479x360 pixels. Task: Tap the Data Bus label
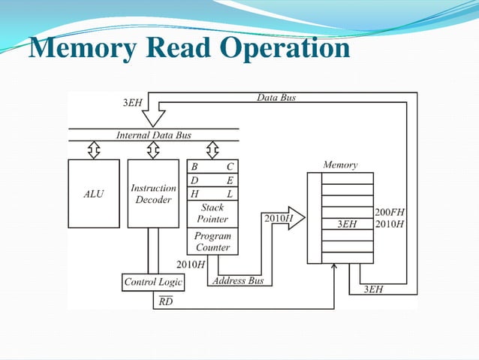(276, 98)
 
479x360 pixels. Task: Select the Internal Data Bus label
(153, 135)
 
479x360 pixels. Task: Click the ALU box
(94, 193)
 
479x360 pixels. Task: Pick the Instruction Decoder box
(153, 193)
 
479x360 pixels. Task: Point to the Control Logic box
(153, 282)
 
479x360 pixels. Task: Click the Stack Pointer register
(212, 213)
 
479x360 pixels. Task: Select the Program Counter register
(212, 241)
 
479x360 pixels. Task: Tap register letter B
(195, 167)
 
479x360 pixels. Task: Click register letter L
(230, 194)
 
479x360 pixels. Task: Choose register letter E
(230, 180)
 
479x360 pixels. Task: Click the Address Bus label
(238, 281)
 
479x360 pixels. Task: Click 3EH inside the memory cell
(346, 224)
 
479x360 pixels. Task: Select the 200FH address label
(390, 213)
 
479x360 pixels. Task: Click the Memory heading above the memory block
(340, 165)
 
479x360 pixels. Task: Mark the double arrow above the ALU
(94, 151)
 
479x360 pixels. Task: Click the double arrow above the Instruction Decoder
(153, 151)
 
